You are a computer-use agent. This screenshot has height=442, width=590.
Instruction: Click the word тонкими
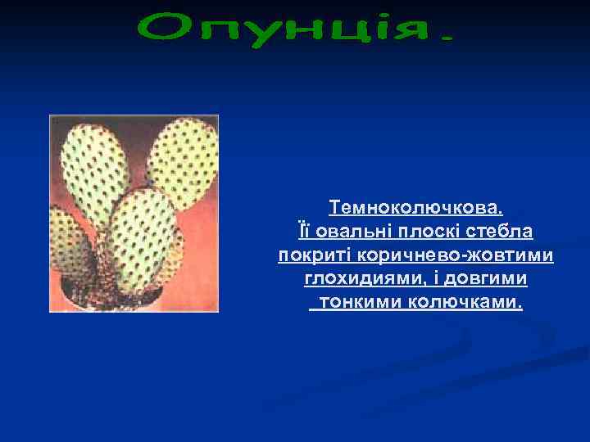pyautogui.click(x=358, y=304)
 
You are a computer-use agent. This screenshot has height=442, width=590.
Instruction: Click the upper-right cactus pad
pyautogui.click(x=185, y=160)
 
